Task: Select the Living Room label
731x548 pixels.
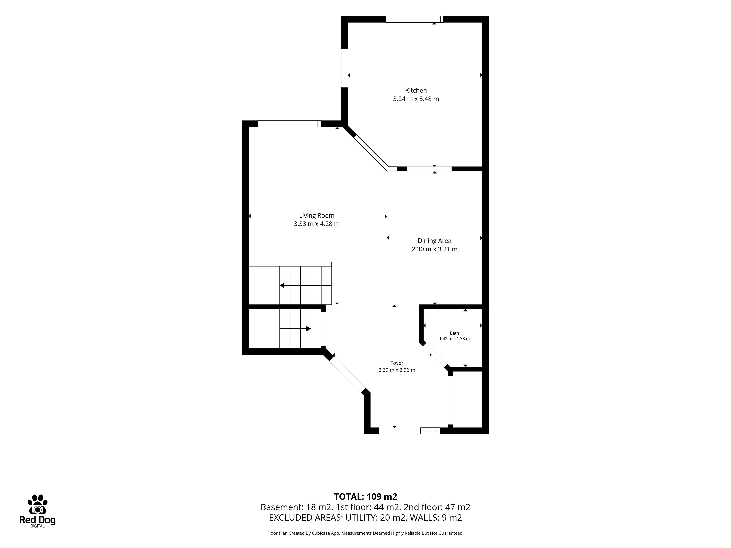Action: (317, 216)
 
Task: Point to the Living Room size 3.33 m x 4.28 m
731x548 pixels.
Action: (317, 224)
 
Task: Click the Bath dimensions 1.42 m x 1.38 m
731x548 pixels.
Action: (454, 339)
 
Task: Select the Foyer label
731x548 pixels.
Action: (397, 363)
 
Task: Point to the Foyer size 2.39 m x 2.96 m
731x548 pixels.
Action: (397, 370)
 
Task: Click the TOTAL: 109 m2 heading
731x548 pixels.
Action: (365, 496)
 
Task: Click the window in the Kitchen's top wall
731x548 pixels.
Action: (415, 19)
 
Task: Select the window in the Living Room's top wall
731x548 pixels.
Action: (289, 124)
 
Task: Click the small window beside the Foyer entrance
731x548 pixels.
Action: (430, 431)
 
